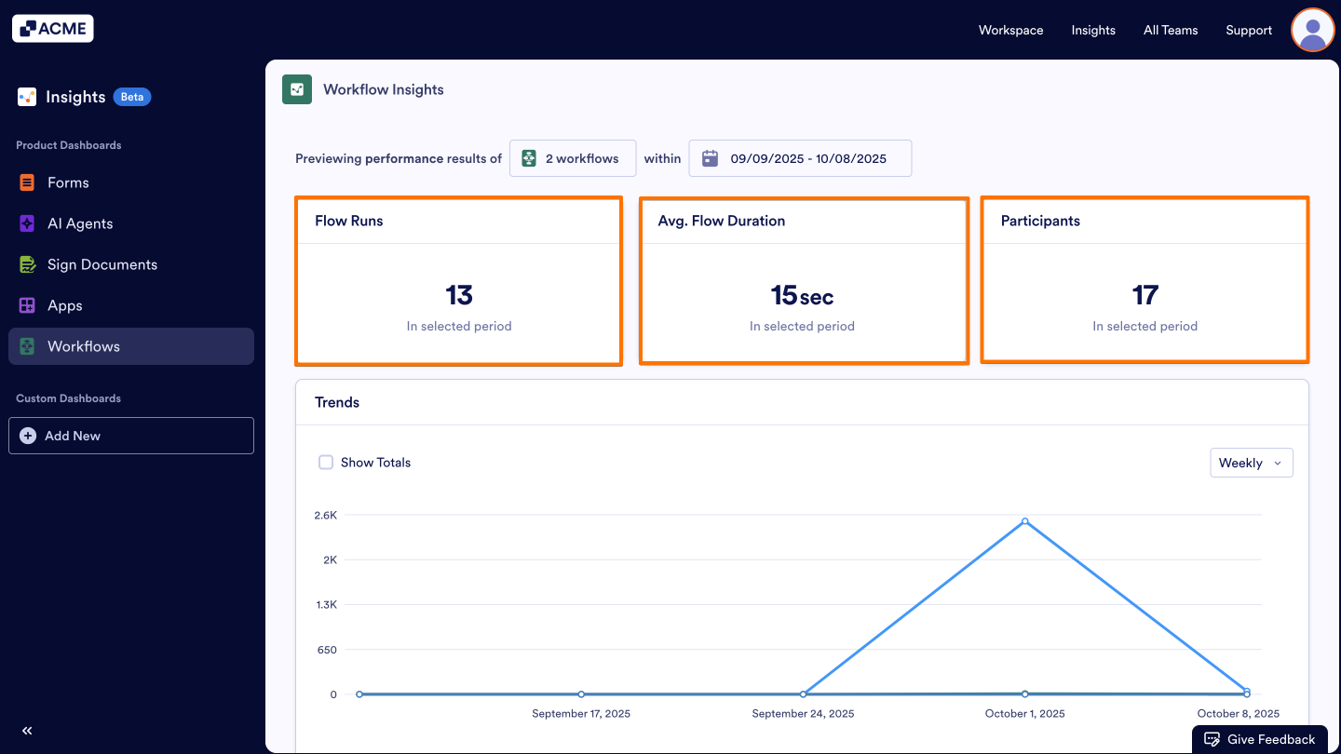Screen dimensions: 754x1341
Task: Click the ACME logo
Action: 53,29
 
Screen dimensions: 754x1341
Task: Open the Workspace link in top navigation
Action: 1010,30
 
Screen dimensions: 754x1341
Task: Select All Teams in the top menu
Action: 1171,30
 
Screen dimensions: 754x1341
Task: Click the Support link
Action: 1249,30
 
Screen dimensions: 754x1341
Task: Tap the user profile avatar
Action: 1312,30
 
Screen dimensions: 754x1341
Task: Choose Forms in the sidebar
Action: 68,182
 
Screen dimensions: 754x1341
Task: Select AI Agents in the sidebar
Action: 80,223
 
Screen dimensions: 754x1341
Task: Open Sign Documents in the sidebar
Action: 102,264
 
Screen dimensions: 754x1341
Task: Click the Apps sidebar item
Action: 64,305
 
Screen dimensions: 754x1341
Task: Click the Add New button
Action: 130,436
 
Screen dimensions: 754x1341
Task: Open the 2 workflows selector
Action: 572,158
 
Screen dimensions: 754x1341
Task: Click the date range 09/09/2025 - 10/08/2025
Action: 800,158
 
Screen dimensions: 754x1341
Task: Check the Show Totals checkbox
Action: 326,463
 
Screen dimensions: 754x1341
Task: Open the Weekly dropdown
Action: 1251,463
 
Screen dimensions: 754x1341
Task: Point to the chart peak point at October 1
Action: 1024,521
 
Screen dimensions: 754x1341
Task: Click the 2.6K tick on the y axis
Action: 325,515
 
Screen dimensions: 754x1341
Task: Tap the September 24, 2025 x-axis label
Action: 803,714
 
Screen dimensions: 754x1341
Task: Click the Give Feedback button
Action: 1260,739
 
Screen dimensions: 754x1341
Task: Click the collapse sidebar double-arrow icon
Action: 27,731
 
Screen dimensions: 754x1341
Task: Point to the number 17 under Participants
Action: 1145,295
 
